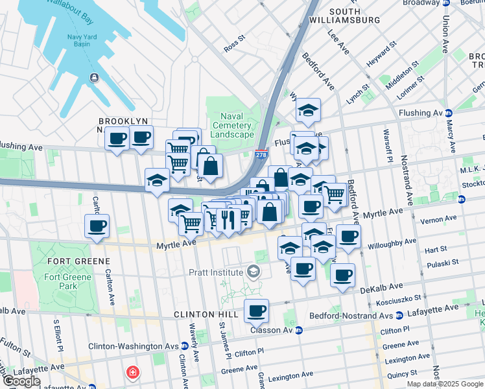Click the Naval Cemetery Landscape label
click(231, 125)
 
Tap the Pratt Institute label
click(217, 272)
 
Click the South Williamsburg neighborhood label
click(354, 16)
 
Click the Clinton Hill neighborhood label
click(204, 314)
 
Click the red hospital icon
click(132, 373)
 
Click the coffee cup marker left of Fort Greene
click(97, 226)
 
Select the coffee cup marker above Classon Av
click(257, 311)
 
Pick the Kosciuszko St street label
click(399, 297)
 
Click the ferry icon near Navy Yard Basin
click(95, 78)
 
